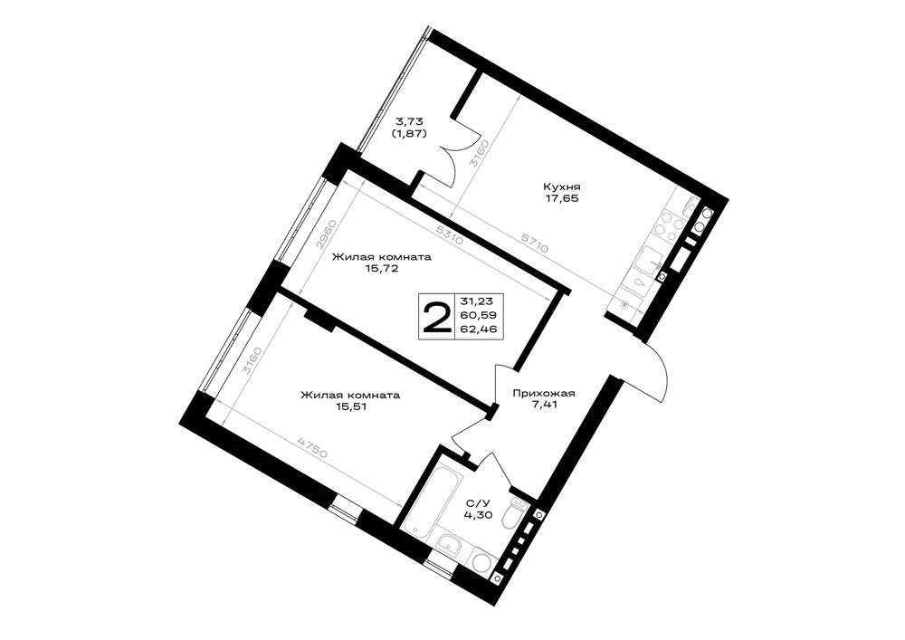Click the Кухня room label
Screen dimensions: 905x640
[x=561, y=187]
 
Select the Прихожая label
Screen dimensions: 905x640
[x=544, y=394]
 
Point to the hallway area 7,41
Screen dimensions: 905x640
[x=544, y=406]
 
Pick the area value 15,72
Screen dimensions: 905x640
[x=381, y=269]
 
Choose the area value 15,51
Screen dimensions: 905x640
[x=349, y=406]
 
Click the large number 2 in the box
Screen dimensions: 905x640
[x=437, y=318]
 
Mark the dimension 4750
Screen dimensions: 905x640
[x=312, y=447]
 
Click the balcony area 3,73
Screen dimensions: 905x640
[x=409, y=122]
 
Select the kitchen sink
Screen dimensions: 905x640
[x=651, y=262]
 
